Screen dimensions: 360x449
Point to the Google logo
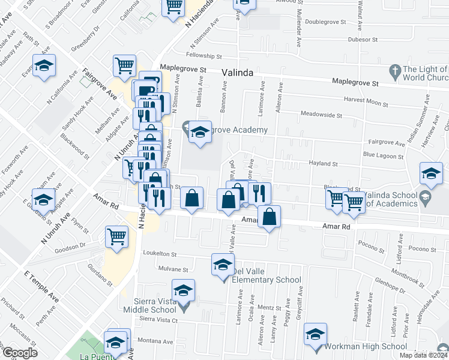point(19,353)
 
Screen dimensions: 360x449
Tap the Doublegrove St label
point(325,21)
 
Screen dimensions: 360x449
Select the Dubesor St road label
point(362,40)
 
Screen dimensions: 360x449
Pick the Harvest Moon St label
point(366,102)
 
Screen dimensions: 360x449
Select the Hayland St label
point(323,163)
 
